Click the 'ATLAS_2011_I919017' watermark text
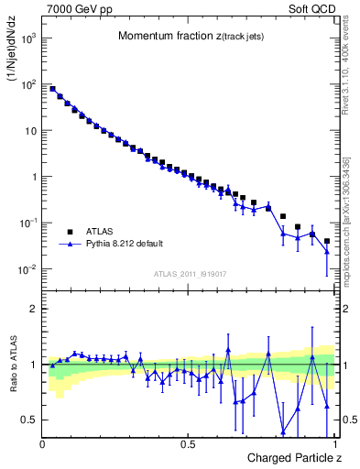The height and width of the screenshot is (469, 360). pos(190,274)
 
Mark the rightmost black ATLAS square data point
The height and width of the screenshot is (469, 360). pos(327,242)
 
